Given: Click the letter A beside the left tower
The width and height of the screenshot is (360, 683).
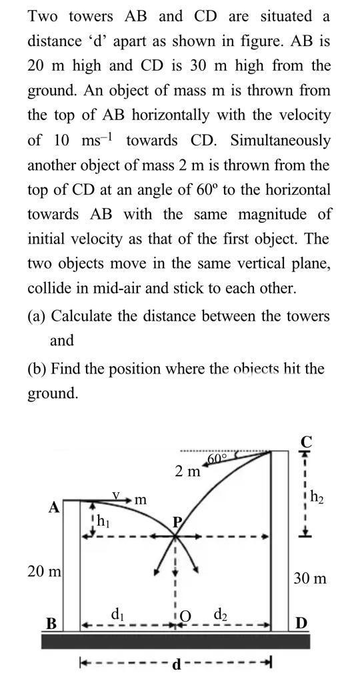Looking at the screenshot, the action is coord(55,508).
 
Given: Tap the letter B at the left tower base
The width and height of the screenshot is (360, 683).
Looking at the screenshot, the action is coord(51,624).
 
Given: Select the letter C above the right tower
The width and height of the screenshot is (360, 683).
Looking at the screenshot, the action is coord(307,442).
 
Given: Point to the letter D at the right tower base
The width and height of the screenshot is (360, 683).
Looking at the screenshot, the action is coord(301,624).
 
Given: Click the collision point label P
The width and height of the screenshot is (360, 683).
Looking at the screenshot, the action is coord(177,522).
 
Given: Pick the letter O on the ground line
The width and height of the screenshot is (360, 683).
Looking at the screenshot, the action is coord(187,617).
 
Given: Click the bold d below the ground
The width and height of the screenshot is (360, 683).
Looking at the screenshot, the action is coord(176,664).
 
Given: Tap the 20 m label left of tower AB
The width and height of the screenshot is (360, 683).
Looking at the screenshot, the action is coord(44,572).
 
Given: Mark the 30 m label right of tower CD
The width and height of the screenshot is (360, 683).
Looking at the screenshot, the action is coord(311,578).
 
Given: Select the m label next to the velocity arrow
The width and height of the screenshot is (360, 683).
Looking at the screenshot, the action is coord(141,499).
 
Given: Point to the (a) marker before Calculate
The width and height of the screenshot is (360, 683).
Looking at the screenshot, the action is coord(37,315).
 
